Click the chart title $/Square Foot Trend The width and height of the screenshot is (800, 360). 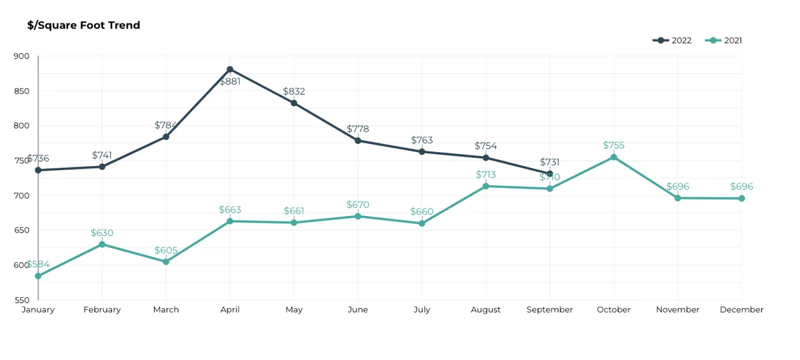click(x=83, y=25)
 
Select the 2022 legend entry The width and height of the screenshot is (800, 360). click(x=672, y=41)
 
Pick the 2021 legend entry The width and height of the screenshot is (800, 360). click(x=723, y=41)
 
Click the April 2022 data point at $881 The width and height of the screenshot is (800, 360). click(x=230, y=69)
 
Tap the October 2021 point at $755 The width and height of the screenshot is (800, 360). click(x=613, y=157)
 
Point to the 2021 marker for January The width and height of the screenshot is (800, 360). click(x=38, y=276)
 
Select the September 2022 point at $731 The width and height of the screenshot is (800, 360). click(x=549, y=173)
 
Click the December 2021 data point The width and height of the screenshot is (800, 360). click(x=741, y=198)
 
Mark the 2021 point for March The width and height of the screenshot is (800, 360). click(x=166, y=262)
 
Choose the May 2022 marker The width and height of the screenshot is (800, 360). click(x=294, y=103)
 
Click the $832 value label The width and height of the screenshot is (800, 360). click(x=294, y=91)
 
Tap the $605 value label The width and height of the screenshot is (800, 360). click(x=166, y=250)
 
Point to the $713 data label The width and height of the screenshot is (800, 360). click(x=486, y=175)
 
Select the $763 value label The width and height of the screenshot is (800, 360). click(x=422, y=140)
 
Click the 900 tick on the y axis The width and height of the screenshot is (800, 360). click(x=21, y=56)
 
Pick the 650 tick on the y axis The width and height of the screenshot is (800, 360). click(x=21, y=230)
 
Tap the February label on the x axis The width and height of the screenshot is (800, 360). click(x=102, y=309)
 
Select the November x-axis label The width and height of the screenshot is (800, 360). click(x=677, y=309)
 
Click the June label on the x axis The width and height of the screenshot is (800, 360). click(x=358, y=309)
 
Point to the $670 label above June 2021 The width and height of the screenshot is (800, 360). click(x=358, y=205)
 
